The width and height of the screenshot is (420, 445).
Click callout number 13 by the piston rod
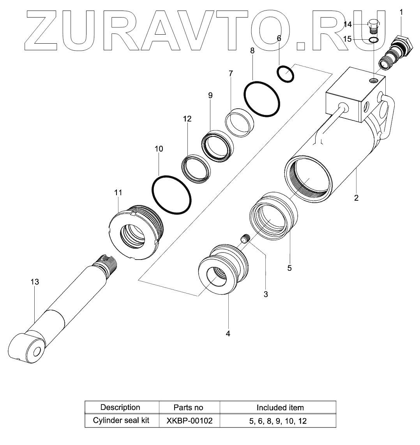[35, 282]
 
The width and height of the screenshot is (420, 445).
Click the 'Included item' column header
[280, 408]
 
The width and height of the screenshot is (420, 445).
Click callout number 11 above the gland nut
[118, 192]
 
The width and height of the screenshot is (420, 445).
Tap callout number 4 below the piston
[228, 334]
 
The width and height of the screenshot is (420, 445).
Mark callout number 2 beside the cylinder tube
[356, 198]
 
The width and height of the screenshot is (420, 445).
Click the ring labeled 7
[240, 122]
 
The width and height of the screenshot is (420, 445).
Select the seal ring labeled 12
[197, 168]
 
